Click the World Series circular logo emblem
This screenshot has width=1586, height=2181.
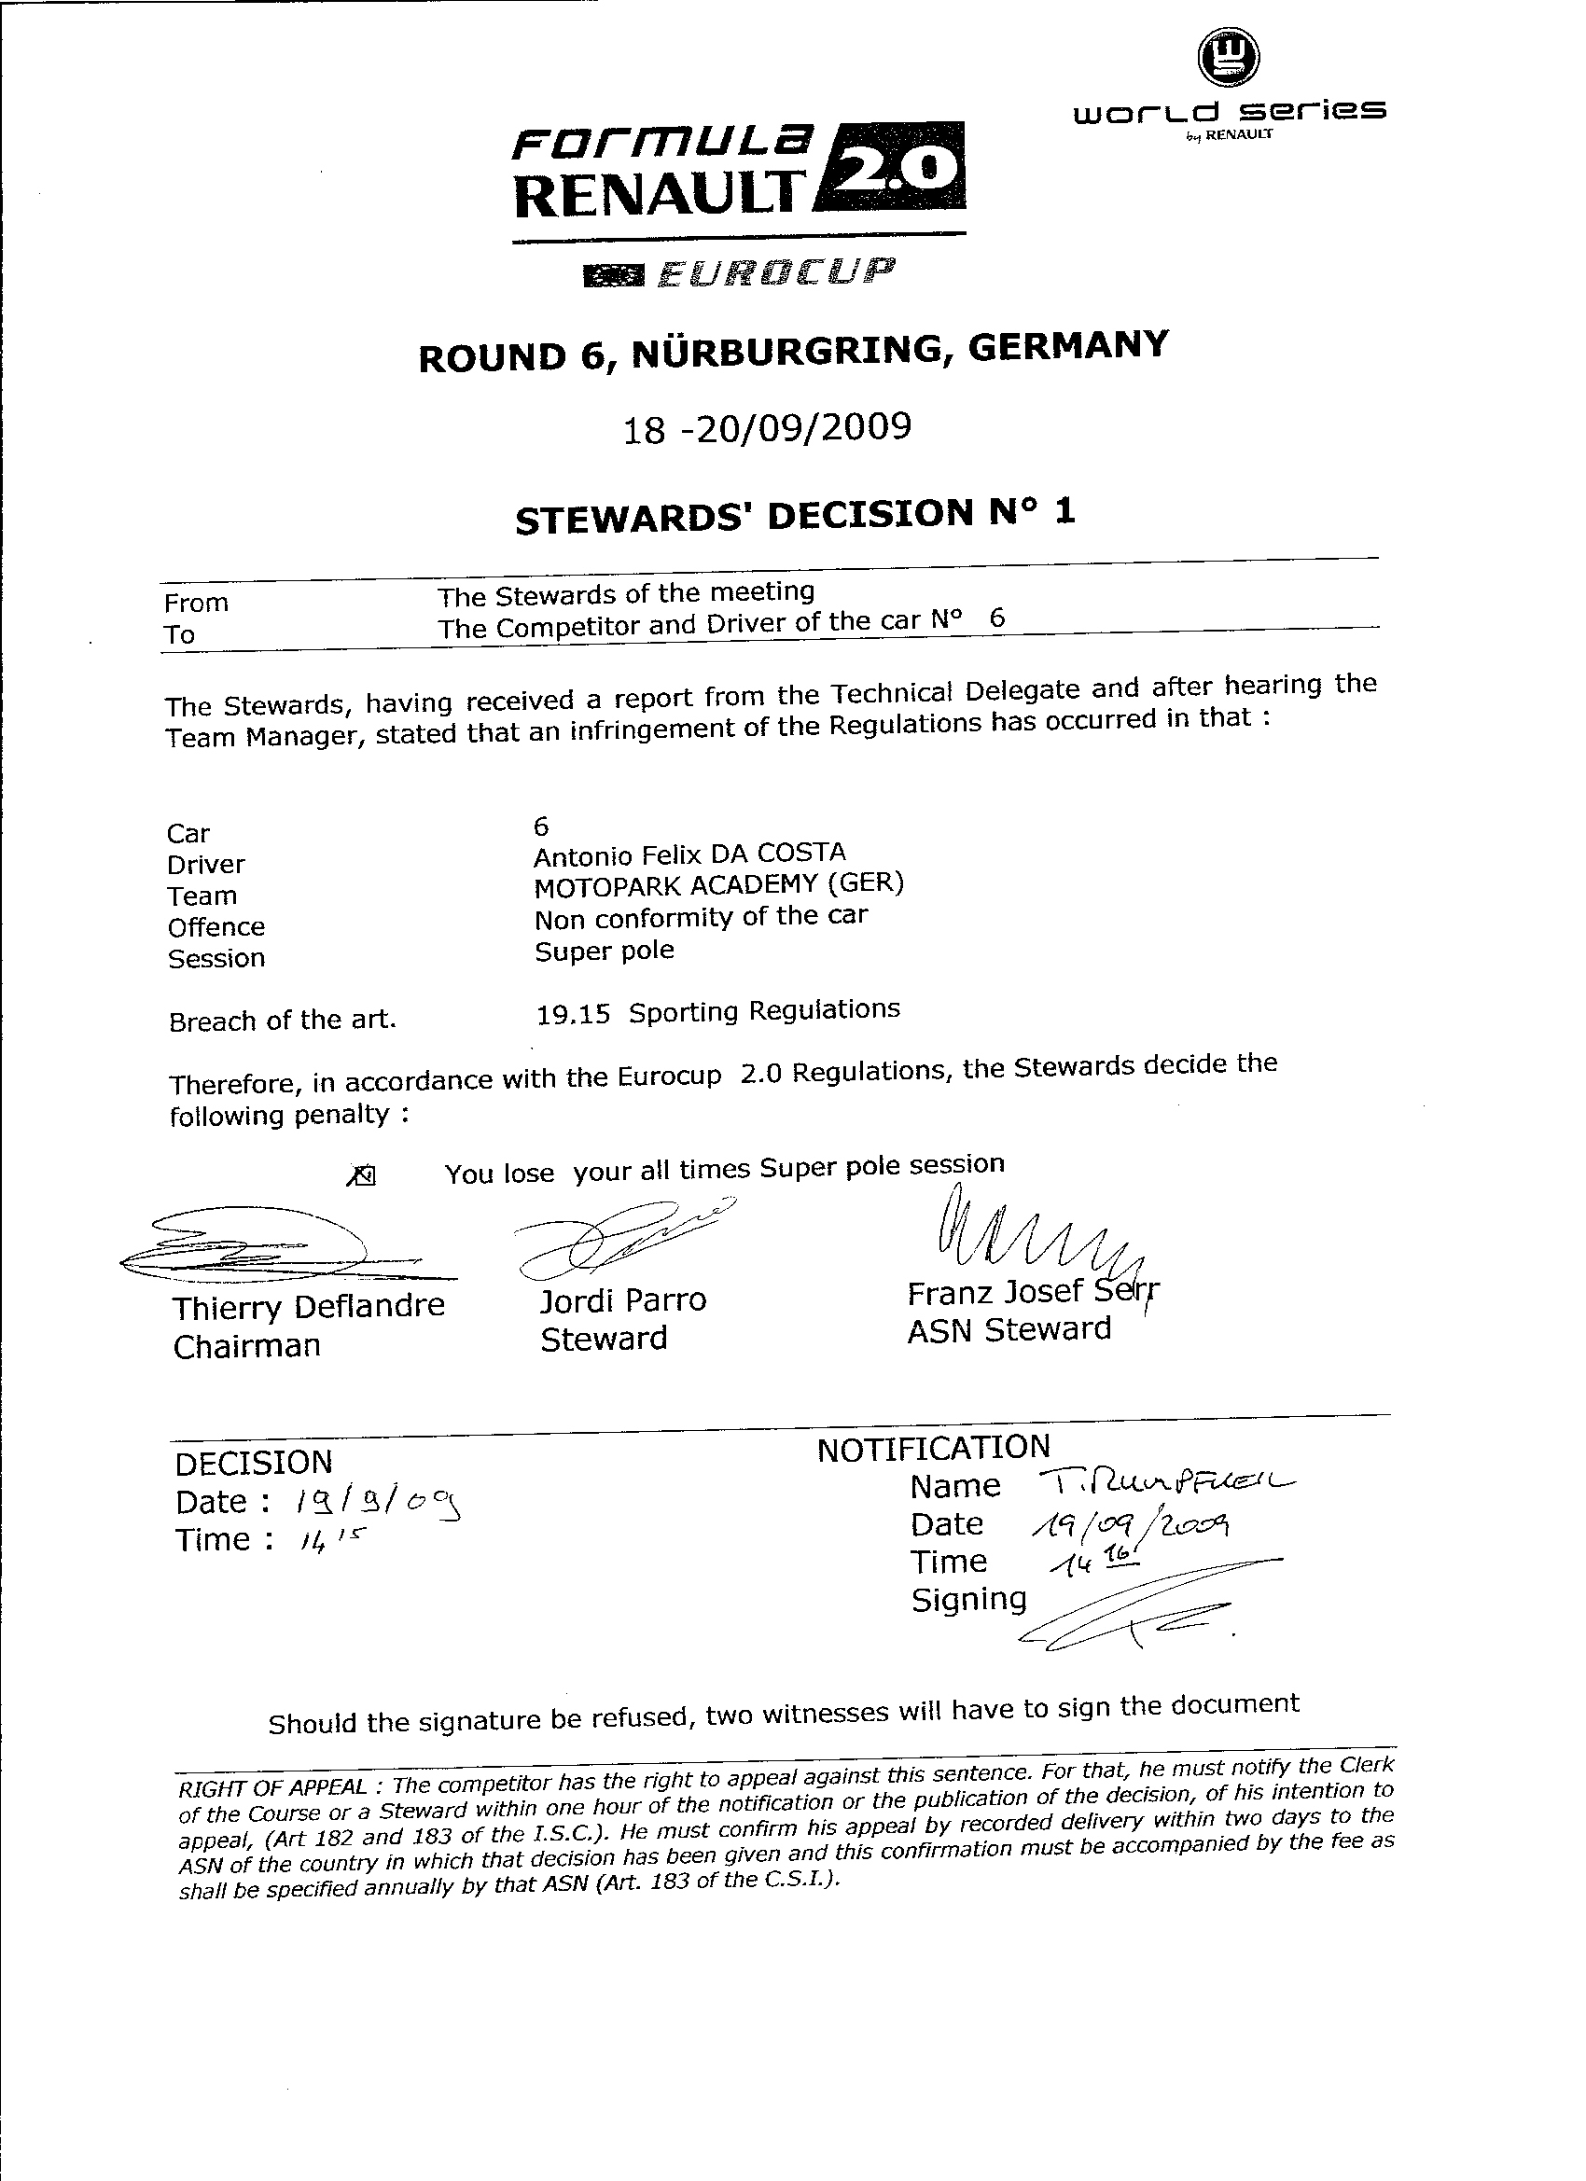click(1228, 57)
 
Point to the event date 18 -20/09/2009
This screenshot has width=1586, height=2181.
click(767, 428)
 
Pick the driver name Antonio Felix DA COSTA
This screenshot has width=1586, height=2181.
click(689, 854)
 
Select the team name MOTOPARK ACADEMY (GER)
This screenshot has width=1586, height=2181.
click(718, 884)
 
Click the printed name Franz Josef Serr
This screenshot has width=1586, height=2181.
click(1032, 1291)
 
